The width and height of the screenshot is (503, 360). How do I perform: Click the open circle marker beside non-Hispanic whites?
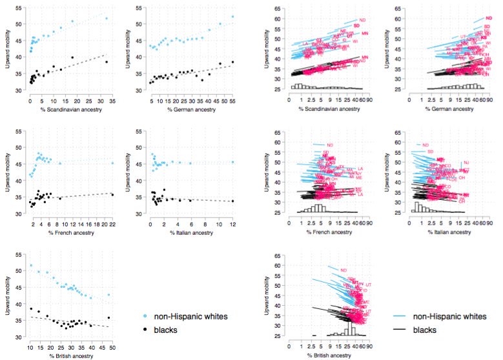point(146,316)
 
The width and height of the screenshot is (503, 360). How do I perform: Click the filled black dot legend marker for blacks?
point(146,330)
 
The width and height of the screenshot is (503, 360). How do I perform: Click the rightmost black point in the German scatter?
point(232,62)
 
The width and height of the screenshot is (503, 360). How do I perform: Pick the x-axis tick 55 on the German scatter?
point(232,102)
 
